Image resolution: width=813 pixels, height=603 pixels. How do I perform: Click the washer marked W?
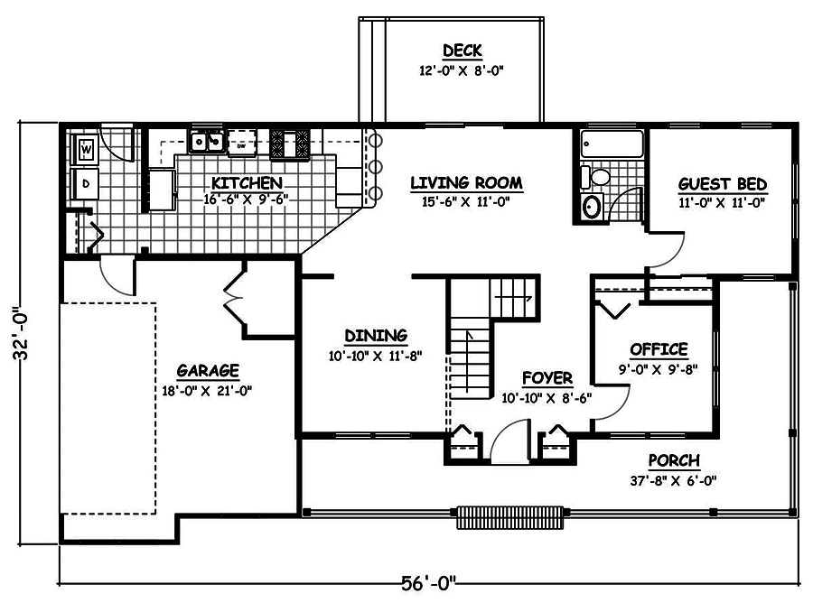pos(86,146)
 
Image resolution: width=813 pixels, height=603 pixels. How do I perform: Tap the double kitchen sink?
pos(207,141)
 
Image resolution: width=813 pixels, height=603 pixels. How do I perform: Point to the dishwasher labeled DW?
pos(241,143)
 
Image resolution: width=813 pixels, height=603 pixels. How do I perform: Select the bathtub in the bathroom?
pos(612,144)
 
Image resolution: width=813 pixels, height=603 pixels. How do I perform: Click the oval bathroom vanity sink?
pos(593,206)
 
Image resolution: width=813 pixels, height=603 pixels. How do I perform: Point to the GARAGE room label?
pos(207,370)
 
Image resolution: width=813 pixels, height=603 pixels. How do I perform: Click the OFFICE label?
pos(659,349)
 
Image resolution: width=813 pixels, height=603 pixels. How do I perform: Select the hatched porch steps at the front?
pos(511,517)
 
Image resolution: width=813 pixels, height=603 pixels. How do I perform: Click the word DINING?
pos(376,336)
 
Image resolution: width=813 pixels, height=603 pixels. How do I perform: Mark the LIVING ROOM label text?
pos(466,183)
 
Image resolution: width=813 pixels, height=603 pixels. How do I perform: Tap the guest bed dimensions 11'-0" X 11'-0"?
pos(722,203)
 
